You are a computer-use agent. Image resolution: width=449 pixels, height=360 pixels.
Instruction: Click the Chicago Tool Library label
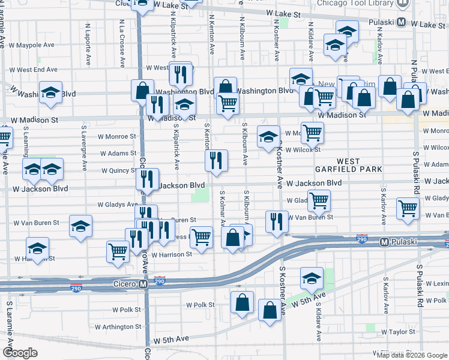coord(359,4)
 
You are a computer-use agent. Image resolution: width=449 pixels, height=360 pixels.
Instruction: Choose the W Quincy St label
coord(119,170)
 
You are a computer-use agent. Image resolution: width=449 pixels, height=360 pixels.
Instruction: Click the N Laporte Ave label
coord(88,44)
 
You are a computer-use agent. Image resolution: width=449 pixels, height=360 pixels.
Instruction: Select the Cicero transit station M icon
coord(143,284)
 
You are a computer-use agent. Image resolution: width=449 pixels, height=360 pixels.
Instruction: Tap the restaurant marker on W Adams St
coord(216,160)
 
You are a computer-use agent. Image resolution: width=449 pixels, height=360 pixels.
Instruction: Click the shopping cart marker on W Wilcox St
coord(312,133)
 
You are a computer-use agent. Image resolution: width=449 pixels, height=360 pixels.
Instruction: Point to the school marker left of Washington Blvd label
coord(50,92)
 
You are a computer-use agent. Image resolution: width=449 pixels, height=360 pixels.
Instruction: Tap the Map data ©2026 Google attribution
coord(411,355)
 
